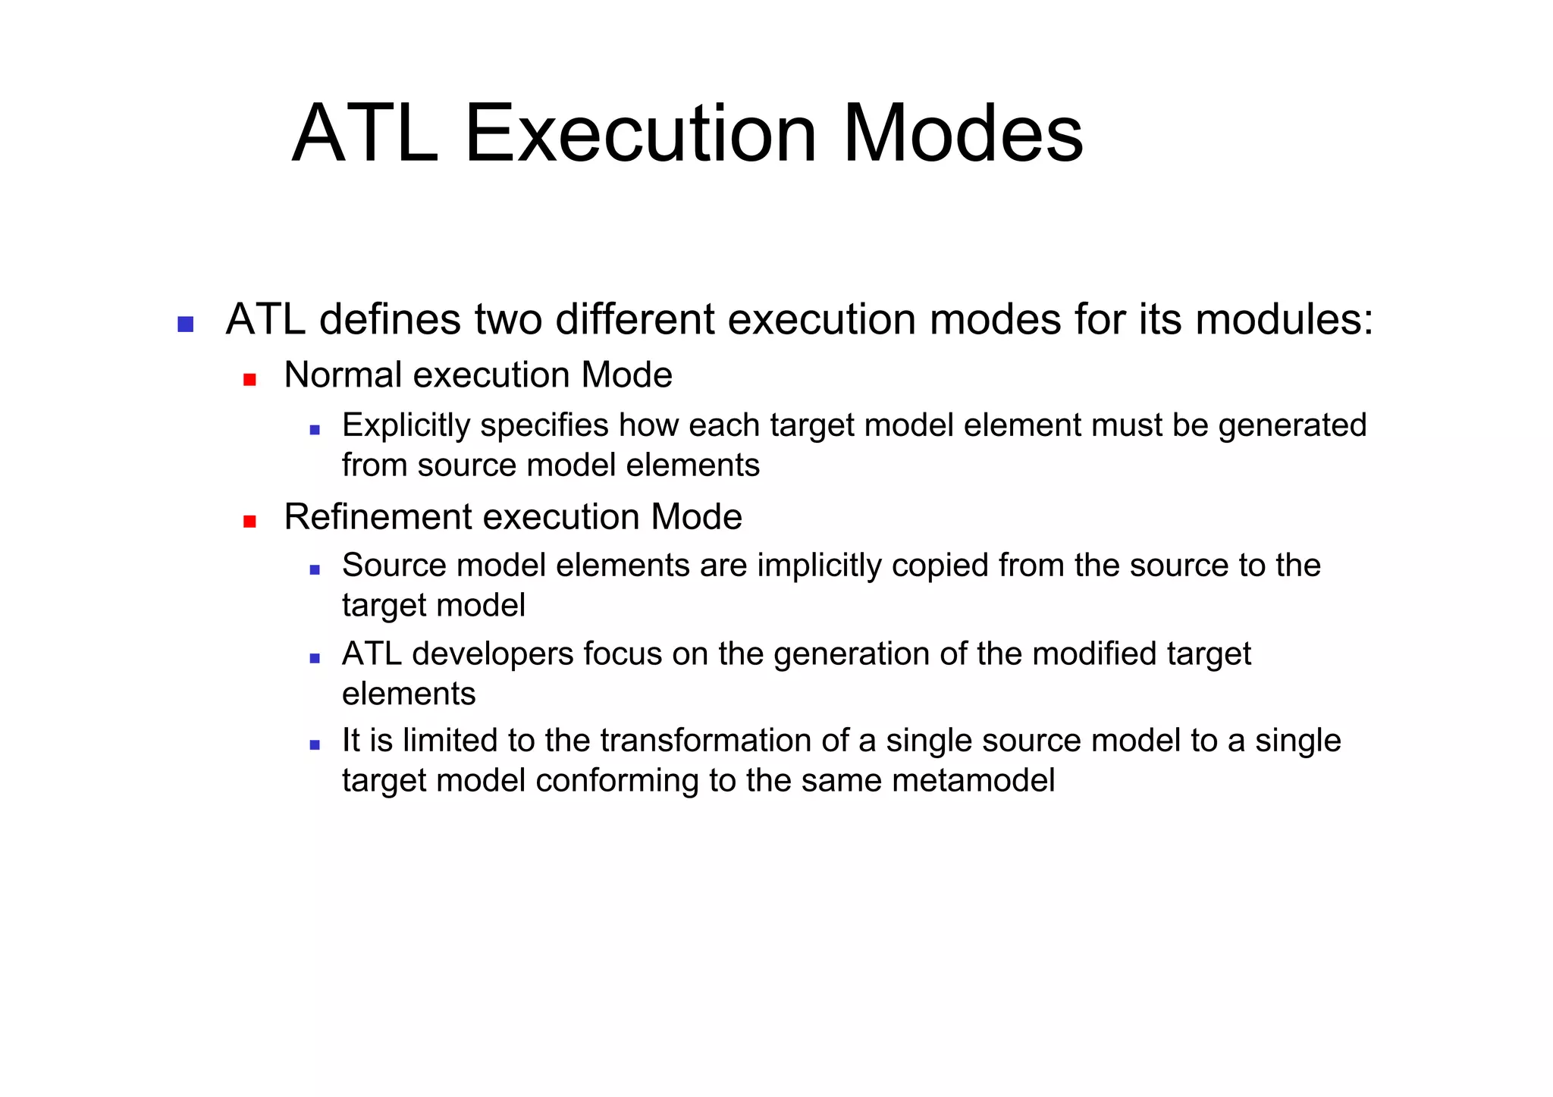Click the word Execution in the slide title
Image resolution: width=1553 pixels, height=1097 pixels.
coord(641,134)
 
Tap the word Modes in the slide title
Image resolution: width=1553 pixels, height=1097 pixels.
coord(963,134)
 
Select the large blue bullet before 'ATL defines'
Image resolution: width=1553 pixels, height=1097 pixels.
coord(185,324)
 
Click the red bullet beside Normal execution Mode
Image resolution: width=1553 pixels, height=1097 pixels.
coord(249,379)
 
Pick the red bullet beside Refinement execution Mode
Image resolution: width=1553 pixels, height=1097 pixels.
coord(249,521)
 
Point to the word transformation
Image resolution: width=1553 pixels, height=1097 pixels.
coord(709,741)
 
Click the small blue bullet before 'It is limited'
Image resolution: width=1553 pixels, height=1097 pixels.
coord(315,745)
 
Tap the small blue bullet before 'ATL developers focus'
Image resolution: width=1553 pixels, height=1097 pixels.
coord(315,659)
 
